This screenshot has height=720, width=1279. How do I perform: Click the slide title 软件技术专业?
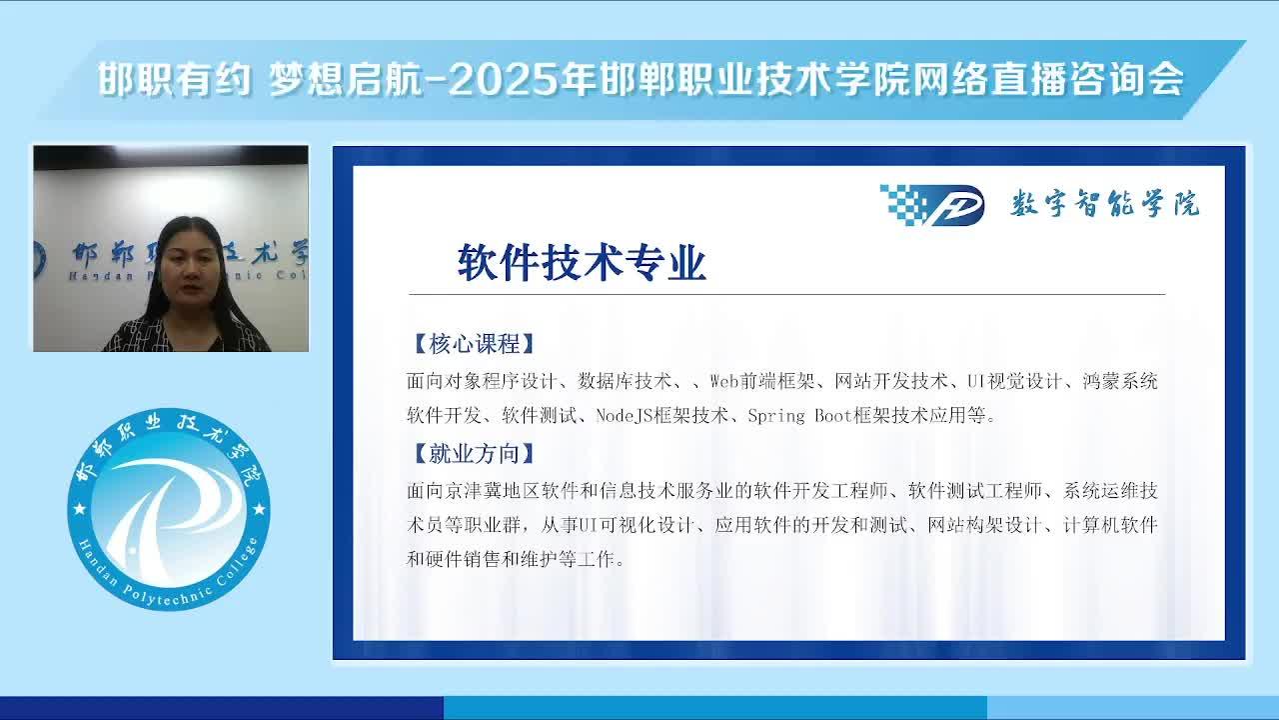582,263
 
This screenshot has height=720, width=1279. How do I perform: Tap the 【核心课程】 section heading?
474,344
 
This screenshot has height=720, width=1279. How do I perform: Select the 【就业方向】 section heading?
474,454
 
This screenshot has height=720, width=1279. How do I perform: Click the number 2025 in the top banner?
504,79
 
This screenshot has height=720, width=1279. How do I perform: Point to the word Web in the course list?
724,381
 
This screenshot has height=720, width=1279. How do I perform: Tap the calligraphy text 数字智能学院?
1105,203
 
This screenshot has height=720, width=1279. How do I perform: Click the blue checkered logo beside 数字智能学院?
932,205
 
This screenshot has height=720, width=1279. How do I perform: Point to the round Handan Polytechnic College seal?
169,509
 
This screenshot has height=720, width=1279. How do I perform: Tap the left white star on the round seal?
80,508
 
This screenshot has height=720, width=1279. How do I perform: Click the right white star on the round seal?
259,508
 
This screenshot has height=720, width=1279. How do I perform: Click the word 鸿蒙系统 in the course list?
1120,381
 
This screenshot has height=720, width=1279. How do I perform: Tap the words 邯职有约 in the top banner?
174,79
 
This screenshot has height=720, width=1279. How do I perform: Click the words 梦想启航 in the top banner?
346,79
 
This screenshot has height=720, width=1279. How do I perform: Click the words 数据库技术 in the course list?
625,381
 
